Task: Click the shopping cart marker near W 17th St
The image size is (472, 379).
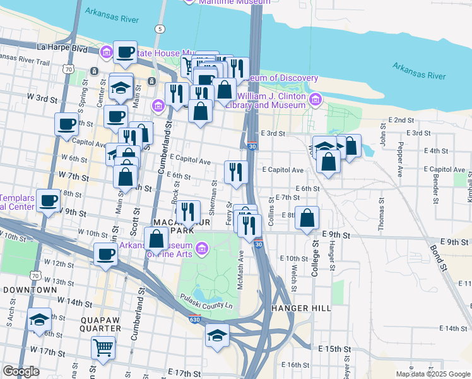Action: (x=103, y=347)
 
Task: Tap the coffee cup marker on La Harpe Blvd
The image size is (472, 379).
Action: (x=124, y=52)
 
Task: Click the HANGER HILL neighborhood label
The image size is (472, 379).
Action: (x=301, y=308)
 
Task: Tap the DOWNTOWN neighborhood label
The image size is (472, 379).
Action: (x=30, y=289)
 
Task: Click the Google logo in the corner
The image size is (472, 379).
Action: (x=21, y=371)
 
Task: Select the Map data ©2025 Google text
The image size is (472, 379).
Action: (x=432, y=374)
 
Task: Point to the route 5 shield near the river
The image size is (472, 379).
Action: (x=161, y=29)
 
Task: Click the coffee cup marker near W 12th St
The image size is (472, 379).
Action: (x=105, y=254)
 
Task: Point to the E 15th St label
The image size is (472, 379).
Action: (x=334, y=349)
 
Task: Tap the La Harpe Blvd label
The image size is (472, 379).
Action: (x=62, y=47)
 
